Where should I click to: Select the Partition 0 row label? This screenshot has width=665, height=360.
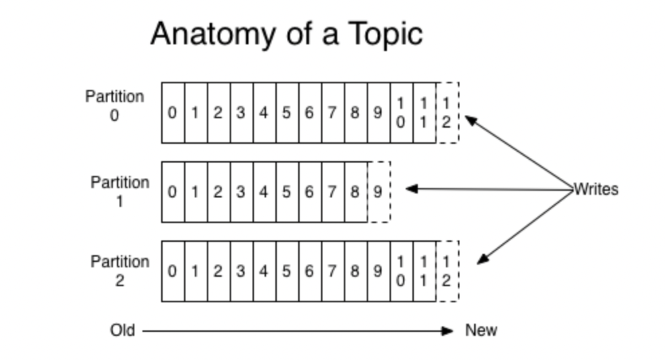[x=114, y=105]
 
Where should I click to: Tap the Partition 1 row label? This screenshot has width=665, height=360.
[x=120, y=191]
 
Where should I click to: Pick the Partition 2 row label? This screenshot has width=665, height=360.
[x=120, y=271]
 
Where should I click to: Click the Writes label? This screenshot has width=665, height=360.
[x=595, y=189]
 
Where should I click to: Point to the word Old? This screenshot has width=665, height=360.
[x=122, y=330]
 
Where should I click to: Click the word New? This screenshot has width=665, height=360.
[x=481, y=330]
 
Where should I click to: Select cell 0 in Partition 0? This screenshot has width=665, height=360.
[x=173, y=113]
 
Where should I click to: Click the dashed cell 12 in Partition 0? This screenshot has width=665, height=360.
[x=447, y=113]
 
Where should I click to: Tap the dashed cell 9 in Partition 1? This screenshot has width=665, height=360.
[x=378, y=192]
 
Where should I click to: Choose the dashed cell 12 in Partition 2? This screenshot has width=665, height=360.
[x=447, y=271]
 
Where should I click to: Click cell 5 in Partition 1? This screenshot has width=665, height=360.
[x=287, y=192]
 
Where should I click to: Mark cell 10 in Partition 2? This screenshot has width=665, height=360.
[x=401, y=271]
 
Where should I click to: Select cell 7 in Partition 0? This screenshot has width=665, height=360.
[x=332, y=113]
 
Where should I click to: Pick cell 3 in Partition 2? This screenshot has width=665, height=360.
[x=241, y=271]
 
